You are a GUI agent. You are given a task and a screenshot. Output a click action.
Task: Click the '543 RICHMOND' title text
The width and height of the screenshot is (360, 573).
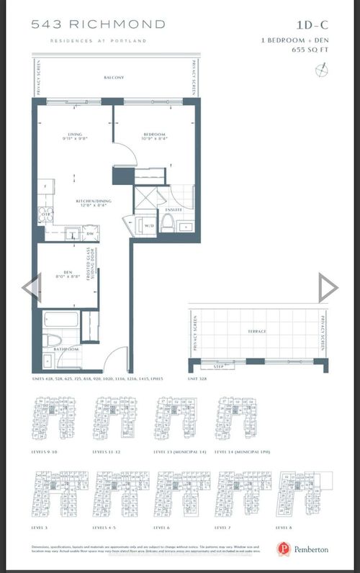98,24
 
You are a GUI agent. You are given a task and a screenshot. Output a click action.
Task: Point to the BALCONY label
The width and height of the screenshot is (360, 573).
114,78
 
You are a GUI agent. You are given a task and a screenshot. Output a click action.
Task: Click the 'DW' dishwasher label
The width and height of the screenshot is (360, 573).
91,233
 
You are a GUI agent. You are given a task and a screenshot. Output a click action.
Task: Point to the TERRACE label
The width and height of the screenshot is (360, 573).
257,331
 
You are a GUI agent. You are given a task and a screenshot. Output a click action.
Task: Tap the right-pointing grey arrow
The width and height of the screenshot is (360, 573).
328,288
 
